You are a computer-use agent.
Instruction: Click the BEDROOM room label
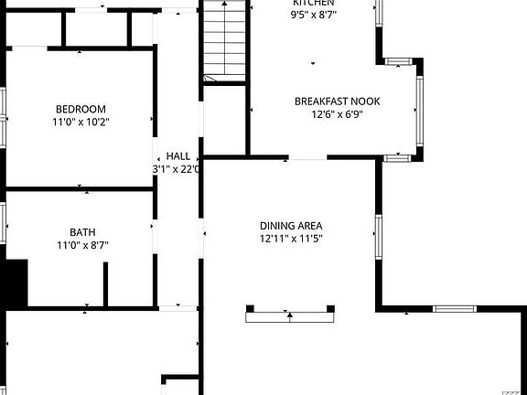[81, 108]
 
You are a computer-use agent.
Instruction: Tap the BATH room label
[82, 232]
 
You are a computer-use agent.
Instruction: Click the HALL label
[178, 156]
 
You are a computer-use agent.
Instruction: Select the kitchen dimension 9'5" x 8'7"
[313, 16]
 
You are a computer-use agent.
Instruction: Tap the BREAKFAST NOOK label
[337, 101]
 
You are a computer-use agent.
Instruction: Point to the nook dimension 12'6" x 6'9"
[337, 115]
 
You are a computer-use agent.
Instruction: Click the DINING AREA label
[291, 226]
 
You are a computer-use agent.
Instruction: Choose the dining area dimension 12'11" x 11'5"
[291, 240]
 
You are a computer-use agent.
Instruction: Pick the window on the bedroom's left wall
[4, 117]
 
